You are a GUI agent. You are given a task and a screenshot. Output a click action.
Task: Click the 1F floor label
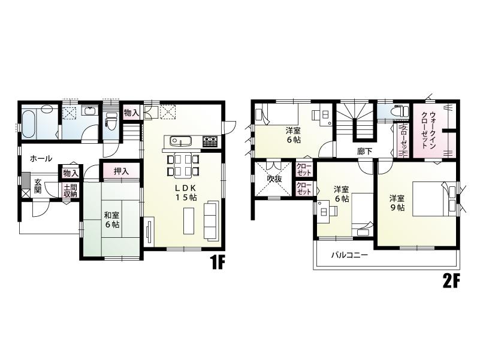click(x=216, y=264)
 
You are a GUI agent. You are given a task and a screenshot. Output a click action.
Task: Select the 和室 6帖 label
click(x=111, y=220)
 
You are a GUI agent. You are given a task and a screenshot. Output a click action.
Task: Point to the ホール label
click(x=40, y=159)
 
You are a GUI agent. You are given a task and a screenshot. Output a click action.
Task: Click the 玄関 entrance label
click(x=37, y=186)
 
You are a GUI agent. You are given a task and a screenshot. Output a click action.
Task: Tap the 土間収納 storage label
click(x=70, y=190)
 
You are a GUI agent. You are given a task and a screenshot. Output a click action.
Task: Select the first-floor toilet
click(x=110, y=120)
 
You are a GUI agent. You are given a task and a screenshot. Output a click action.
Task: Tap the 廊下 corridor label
click(x=364, y=152)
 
